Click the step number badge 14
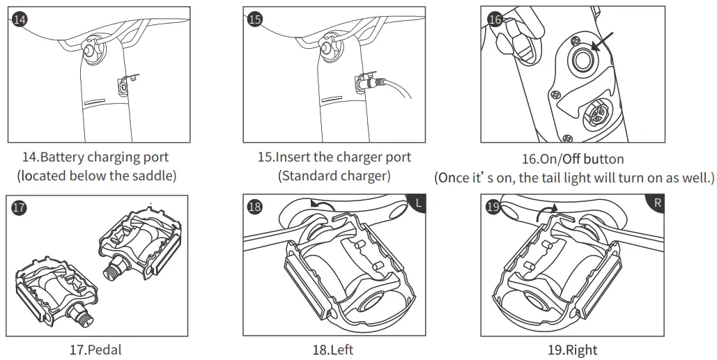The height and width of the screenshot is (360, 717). click(x=20, y=19)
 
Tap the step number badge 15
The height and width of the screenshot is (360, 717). click(x=255, y=19)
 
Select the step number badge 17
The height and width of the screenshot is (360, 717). click(x=20, y=207)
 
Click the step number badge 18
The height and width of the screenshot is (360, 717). click(x=255, y=207)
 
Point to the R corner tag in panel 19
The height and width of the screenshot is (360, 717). click(x=656, y=204)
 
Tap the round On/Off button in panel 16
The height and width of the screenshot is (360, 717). click(x=581, y=61)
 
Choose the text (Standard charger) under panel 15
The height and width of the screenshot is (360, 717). click(x=334, y=175)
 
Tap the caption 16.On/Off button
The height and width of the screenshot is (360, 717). click(x=573, y=159)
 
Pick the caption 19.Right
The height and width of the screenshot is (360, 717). click(x=572, y=349)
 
